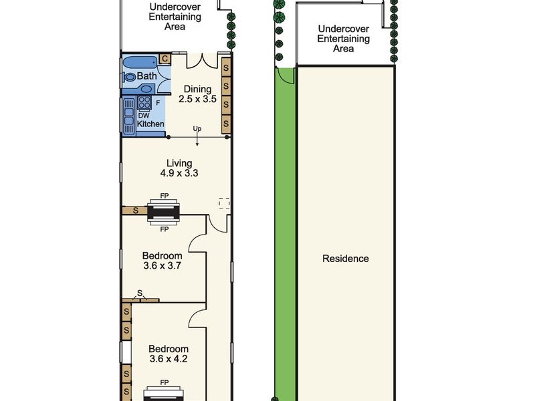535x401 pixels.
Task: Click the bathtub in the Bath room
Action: click(140, 62)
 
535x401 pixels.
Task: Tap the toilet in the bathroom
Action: click(129, 77)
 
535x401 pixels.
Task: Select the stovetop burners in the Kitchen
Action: click(144, 102)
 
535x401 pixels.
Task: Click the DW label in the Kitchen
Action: click(144, 116)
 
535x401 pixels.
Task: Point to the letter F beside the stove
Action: click(158, 102)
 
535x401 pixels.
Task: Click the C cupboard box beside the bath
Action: click(165, 59)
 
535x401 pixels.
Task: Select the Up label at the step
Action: click(197, 128)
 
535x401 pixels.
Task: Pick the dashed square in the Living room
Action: click(224, 203)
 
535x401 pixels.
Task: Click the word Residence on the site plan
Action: click(345, 259)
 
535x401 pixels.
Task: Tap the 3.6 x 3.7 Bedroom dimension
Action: click(162, 265)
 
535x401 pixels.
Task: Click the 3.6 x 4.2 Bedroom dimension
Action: click(169, 359)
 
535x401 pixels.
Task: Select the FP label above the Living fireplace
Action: click(165, 196)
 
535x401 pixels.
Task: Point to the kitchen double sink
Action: click(129, 116)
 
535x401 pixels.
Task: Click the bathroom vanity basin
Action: click(146, 89)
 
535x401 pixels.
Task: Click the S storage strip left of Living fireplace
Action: click(135, 211)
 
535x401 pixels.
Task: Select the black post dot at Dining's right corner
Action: click(227, 137)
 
